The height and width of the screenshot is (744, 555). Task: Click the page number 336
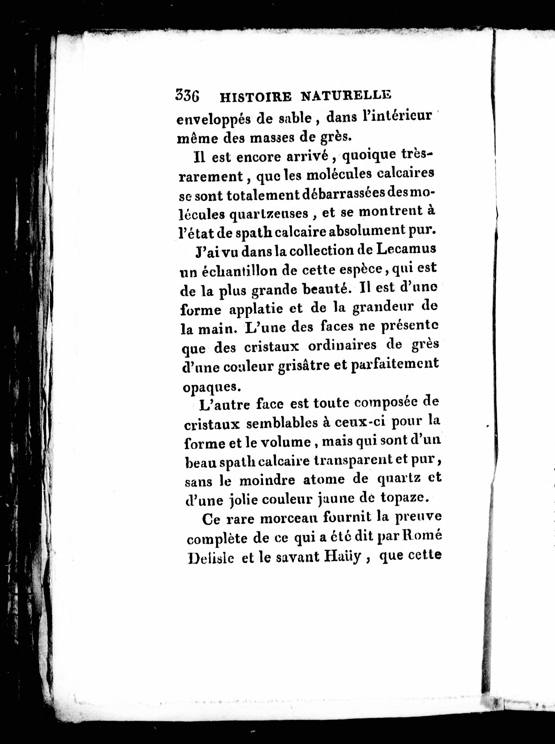click(187, 96)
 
